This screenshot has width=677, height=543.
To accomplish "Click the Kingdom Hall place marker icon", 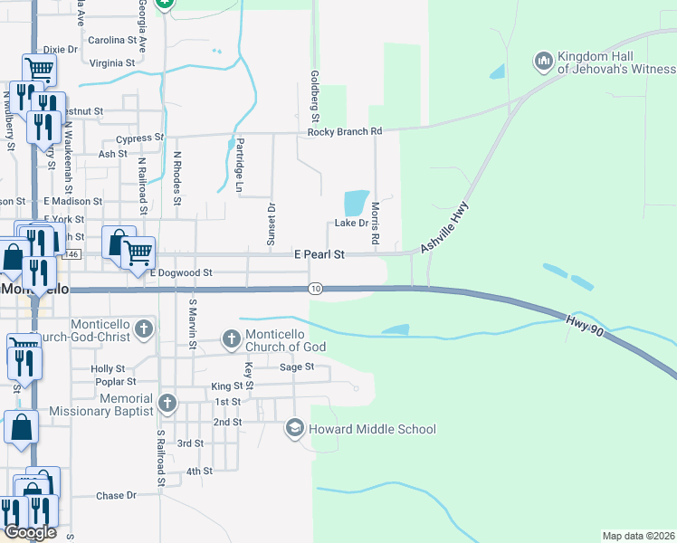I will tap(544, 60).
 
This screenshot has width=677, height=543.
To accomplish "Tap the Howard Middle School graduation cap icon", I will tap(294, 428).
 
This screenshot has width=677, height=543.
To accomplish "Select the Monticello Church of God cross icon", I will tap(231, 338).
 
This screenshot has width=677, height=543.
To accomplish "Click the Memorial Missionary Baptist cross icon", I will tap(167, 402).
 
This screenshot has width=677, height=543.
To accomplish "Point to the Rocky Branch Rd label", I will tap(344, 132).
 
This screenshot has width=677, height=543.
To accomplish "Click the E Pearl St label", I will tap(319, 255).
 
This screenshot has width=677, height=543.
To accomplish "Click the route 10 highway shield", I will tap(314, 289).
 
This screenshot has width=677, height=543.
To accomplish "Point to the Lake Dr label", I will tap(351, 223).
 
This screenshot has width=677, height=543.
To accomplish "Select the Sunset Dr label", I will tap(270, 223).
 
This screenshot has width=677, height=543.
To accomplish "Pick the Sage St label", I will tap(296, 367).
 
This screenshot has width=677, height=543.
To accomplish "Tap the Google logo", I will tap(30, 532).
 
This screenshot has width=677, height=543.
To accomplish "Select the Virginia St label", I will tap(112, 63).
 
